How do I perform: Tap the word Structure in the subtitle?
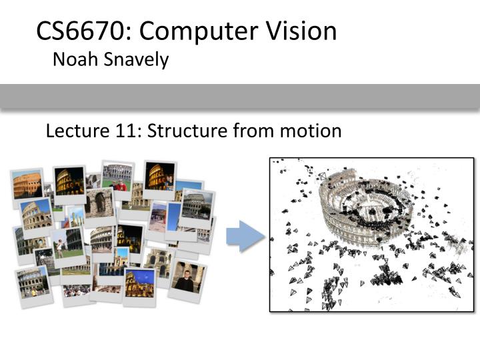click(x=187, y=131)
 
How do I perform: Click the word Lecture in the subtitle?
click(x=73, y=131)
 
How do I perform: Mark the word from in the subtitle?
click(x=251, y=131)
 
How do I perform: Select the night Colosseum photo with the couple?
click(x=160, y=176)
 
